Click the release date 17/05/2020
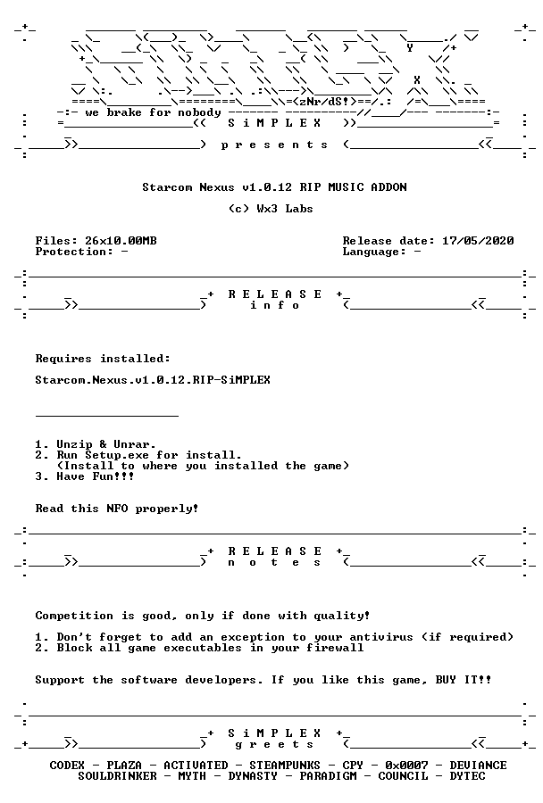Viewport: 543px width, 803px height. point(478,241)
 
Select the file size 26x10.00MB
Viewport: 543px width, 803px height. point(121,241)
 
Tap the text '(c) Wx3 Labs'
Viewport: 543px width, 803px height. point(271,209)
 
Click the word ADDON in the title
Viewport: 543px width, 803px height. point(388,187)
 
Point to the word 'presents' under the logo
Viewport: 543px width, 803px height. point(274,145)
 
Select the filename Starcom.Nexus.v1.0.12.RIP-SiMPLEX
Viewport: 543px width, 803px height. point(153,380)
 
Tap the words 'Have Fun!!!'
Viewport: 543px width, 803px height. point(96,476)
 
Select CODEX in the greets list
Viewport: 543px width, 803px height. point(67,766)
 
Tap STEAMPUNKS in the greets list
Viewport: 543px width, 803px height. point(285,766)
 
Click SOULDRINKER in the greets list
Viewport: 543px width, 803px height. point(117,776)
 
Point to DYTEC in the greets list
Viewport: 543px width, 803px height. point(467,776)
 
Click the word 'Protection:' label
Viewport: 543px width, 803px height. point(74,252)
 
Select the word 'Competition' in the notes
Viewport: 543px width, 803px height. point(74,616)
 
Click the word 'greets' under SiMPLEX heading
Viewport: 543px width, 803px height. point(274,744)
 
